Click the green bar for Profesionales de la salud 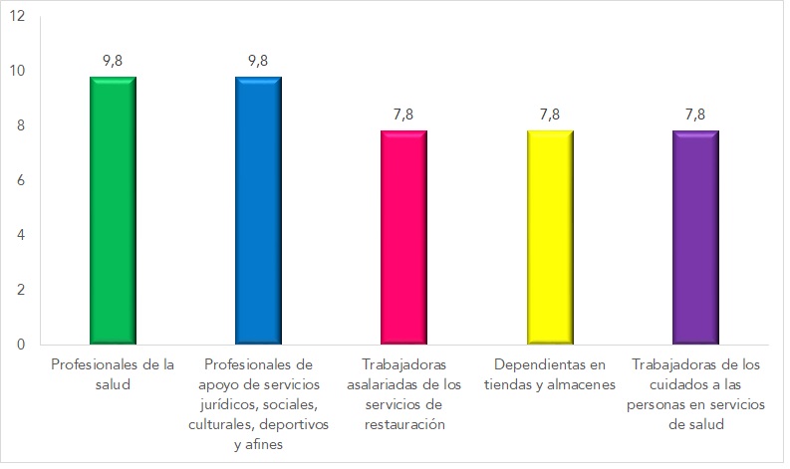[x=113, y=210]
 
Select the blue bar [x=258, y=210]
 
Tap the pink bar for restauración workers [x=403, y=237]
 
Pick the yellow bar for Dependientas [x=549, y=237]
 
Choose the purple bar [x=694, y=237]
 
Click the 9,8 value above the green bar [x=113, y=60]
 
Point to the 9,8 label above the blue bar [x=258, y=60]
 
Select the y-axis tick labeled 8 [x=21, y=125]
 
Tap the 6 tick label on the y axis [x=21, y=180]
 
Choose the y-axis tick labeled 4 [x=21, y=235]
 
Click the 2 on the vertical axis [x=21, y=290]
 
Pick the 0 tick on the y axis [x=21, y=345]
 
